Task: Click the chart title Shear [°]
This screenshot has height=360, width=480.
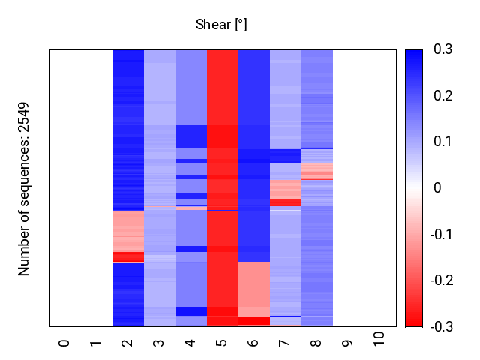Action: pyautogui.click(x=221, y=25)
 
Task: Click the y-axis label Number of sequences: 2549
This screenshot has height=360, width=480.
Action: pyautogui.click(x=25, y=189)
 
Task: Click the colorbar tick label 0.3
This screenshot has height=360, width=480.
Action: pyautogui.click(x=443, y=49)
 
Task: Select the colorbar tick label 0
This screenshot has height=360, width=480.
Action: pyautogui.click(x=437, y=188)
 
